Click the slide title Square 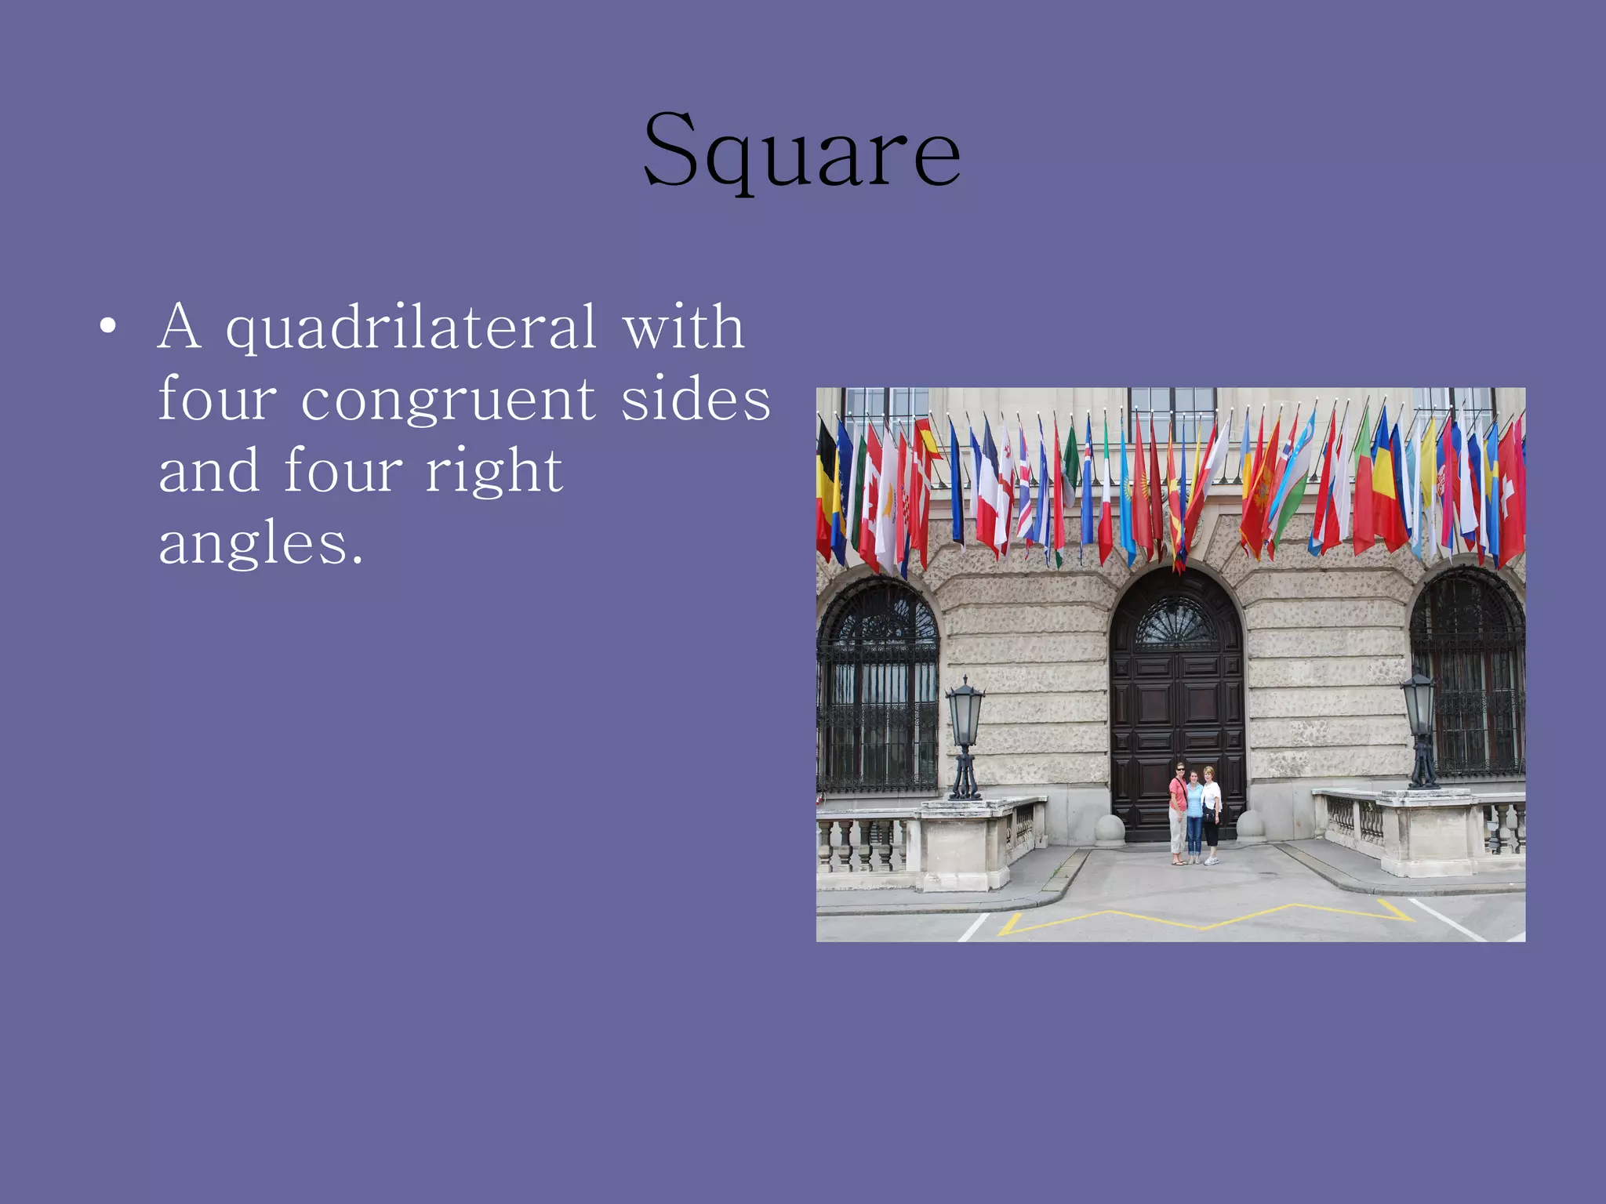801,150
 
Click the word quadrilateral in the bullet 411,328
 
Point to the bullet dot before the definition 108,325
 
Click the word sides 696,399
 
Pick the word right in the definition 493,472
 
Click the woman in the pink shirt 1178,811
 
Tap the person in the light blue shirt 1194,815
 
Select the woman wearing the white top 1212,811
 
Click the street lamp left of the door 965,737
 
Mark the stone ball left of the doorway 1110,829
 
